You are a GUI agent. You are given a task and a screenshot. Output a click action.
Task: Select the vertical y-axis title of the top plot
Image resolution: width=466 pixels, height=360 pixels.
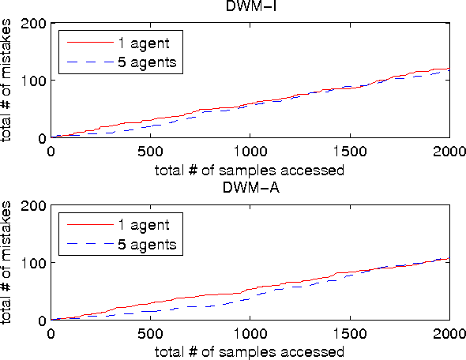pos(8,81)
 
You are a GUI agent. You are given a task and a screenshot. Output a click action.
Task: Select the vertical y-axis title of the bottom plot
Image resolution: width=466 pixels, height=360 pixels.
pos(8,262)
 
